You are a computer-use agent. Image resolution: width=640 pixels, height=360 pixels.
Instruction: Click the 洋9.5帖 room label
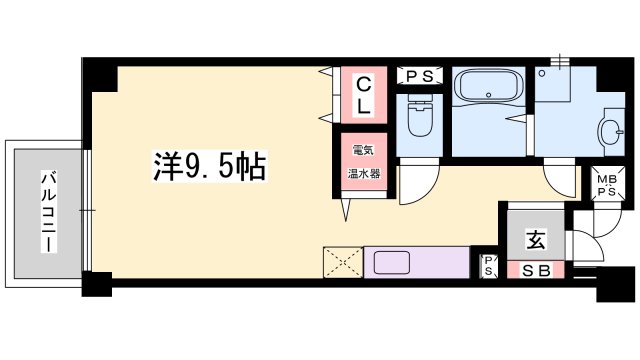pos(210,166)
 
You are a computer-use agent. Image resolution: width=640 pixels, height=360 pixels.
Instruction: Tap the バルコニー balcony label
pos(49,212)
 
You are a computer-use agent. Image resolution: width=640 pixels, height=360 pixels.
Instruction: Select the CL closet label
pos(364,96)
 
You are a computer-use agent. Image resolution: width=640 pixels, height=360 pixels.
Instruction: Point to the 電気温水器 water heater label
pos(364,162)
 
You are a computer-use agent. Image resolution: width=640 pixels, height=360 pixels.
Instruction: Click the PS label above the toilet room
pos(420,76)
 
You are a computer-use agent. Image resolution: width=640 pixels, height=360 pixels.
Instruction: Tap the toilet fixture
pos(420,116)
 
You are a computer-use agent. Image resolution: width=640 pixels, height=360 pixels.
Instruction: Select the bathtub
pos(488,87)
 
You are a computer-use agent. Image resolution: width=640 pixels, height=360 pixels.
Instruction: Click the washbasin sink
pos(611,131)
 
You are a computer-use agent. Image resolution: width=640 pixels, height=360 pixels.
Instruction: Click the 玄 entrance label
pos(536,240)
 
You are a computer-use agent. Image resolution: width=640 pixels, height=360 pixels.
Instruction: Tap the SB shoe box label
pos(536,271)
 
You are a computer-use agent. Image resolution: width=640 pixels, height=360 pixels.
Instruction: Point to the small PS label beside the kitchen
pos(489,266)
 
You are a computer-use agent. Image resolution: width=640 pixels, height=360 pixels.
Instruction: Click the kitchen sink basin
pos(391,262)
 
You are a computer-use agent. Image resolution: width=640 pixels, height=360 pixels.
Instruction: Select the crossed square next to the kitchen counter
pos(343,262)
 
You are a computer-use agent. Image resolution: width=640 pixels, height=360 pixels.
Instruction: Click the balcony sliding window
pos(87,211)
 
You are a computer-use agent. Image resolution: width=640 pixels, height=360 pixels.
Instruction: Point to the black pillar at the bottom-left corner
pos(97,284)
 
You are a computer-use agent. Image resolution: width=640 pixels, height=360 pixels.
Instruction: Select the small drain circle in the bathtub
pos(489,95)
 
